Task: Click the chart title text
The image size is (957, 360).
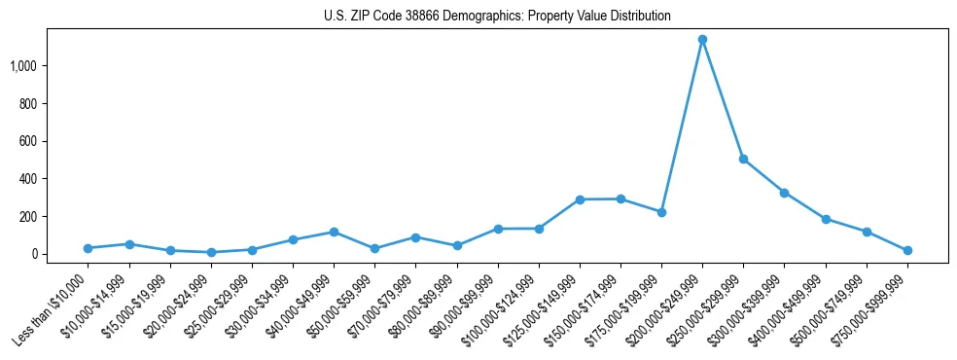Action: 497,17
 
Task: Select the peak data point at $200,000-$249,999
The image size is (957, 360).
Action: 702,40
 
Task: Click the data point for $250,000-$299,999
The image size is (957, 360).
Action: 743,159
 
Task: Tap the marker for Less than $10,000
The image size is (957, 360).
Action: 88,248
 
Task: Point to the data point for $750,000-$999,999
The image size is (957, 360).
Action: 907,250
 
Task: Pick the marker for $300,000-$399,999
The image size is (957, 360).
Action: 784,193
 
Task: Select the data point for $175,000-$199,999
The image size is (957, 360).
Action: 661,212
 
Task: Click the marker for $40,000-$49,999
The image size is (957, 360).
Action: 334,233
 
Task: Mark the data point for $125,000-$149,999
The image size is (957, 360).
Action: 580,199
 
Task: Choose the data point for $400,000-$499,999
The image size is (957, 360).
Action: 826,219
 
